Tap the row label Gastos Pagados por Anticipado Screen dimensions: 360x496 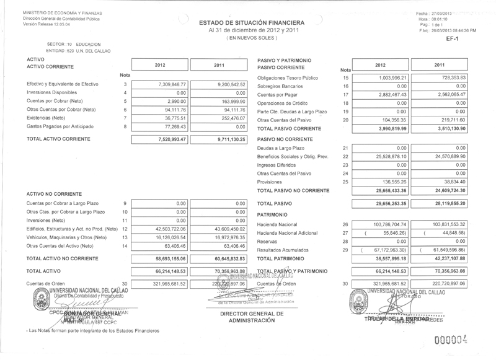(x=59, y=126)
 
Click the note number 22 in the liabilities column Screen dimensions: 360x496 (x=346, y=157)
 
